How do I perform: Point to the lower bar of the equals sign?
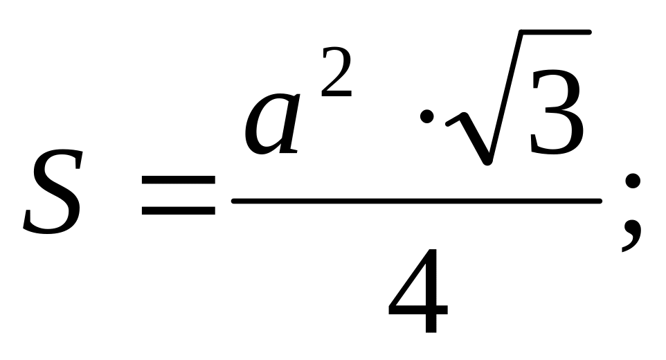(x=178, y=213)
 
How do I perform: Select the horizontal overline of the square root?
(x=547, y=33)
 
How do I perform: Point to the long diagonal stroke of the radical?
(x=500, y=97)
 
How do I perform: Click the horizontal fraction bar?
(x=415, y=201)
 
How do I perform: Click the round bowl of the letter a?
(x=267, y=128)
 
